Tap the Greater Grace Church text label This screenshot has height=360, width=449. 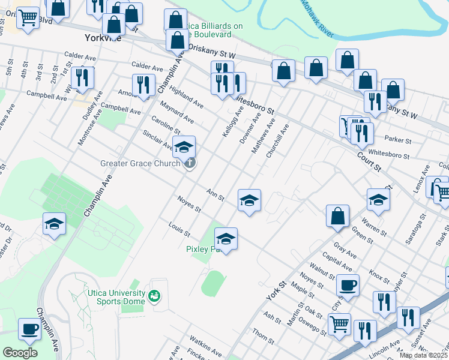140,163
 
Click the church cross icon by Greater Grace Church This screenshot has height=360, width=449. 190,163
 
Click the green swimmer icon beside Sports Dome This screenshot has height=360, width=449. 154,296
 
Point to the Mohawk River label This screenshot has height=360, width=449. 316,19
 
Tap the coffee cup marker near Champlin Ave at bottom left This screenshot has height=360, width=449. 30,329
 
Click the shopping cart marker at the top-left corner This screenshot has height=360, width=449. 28,19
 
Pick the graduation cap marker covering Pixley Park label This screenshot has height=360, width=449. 226,239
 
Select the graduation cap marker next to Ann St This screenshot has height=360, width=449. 249,200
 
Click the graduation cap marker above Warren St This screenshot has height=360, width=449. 378,200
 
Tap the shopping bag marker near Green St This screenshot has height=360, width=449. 338,216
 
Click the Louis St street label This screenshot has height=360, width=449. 179,229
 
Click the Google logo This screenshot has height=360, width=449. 19,353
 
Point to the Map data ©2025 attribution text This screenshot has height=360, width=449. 424,355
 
